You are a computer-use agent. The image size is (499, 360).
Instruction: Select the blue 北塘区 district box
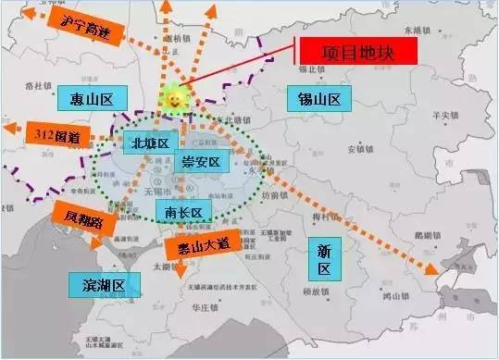point(149,143)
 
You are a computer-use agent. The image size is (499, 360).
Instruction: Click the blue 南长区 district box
point(183,212)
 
